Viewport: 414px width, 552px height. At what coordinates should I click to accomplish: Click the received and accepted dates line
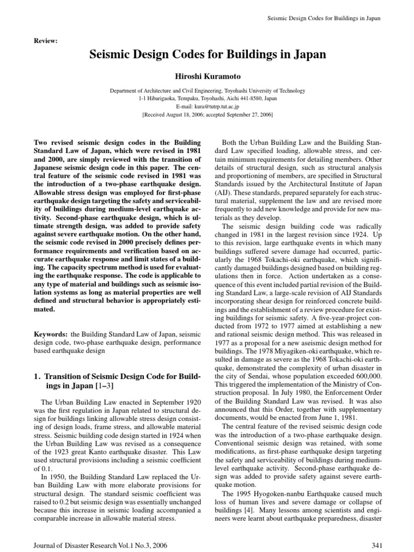(x=207, y=115)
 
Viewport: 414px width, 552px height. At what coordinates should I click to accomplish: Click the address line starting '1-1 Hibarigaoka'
(x=207, y=99)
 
